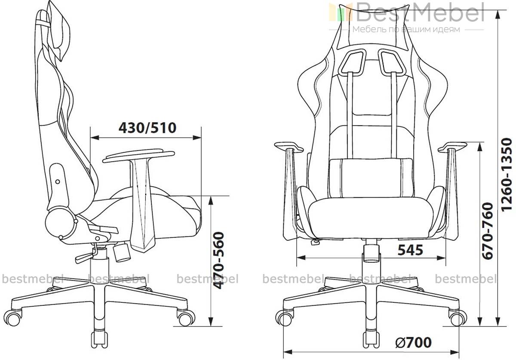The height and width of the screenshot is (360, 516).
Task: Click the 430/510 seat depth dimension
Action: [147, 128]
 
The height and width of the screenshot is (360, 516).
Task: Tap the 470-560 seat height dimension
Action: [218, 261]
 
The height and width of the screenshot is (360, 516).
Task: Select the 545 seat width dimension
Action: [411, 250]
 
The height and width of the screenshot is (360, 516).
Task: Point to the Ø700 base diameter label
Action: [414, 342]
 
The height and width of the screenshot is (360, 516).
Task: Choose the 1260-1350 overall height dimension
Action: [507, 175]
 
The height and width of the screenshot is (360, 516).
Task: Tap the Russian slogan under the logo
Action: [406, 30]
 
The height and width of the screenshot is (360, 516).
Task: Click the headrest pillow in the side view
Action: [58, 30]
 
